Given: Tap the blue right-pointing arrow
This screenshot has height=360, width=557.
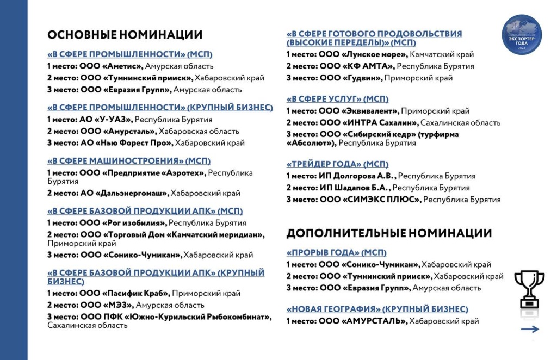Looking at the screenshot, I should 529,329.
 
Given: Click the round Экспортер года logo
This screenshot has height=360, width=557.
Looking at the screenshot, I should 522,35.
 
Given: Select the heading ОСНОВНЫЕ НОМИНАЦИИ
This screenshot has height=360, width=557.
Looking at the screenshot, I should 125,35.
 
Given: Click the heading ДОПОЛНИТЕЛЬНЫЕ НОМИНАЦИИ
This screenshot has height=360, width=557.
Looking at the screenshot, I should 389,233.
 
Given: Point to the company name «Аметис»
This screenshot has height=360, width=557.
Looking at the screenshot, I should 122,66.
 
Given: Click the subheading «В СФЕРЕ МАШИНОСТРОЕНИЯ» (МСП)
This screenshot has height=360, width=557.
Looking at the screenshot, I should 129,161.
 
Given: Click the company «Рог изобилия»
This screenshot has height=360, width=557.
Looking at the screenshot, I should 134,222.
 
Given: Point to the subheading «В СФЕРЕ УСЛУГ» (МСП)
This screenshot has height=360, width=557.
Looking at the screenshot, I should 338,99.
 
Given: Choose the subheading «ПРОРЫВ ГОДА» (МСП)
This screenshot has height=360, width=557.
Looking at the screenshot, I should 336,252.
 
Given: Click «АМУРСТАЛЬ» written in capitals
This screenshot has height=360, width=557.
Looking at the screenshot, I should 375,321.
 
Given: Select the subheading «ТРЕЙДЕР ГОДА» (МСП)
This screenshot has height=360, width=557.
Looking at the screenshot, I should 338,164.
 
